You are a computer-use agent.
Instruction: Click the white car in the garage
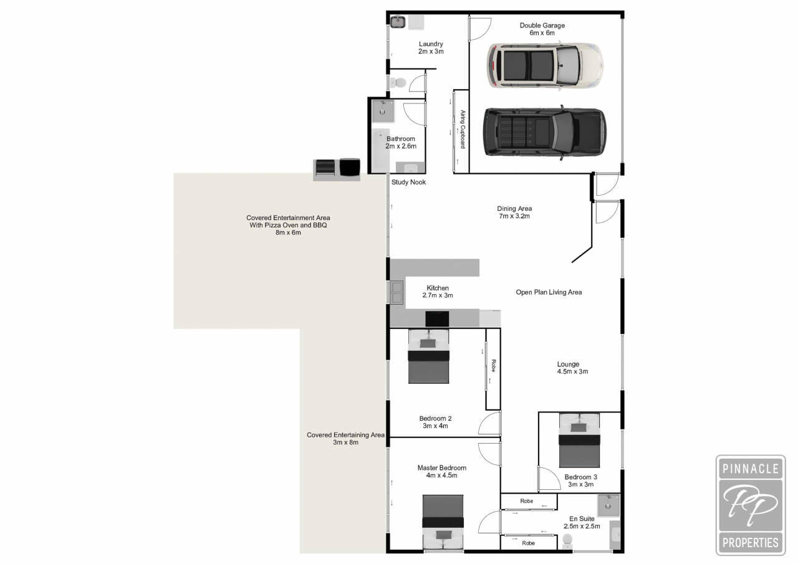[545, 66]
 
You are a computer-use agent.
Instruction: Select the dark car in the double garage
[544, 133]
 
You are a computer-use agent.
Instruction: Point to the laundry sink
[397, 22]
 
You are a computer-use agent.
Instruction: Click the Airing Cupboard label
[463, 129]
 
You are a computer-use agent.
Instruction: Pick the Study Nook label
[408, 183]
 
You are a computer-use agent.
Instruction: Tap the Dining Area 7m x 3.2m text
[514, 213]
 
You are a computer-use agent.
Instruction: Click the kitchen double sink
[397, 292]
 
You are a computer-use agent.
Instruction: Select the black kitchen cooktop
[437, 318]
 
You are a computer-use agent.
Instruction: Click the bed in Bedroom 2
[428, 356]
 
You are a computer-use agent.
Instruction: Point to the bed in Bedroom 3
[579, 440]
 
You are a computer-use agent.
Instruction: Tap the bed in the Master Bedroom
[443, 522]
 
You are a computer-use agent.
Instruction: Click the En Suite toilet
[567, 540]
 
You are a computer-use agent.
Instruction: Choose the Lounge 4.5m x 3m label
[572, 368]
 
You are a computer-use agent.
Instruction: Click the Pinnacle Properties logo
[750, 505]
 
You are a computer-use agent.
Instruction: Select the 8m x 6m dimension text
[288, 232]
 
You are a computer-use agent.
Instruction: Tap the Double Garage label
[542, 29]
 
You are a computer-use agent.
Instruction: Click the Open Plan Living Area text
[549, 292]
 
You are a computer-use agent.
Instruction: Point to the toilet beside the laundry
[398, 83]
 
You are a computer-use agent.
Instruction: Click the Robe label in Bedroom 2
[493, 366]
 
